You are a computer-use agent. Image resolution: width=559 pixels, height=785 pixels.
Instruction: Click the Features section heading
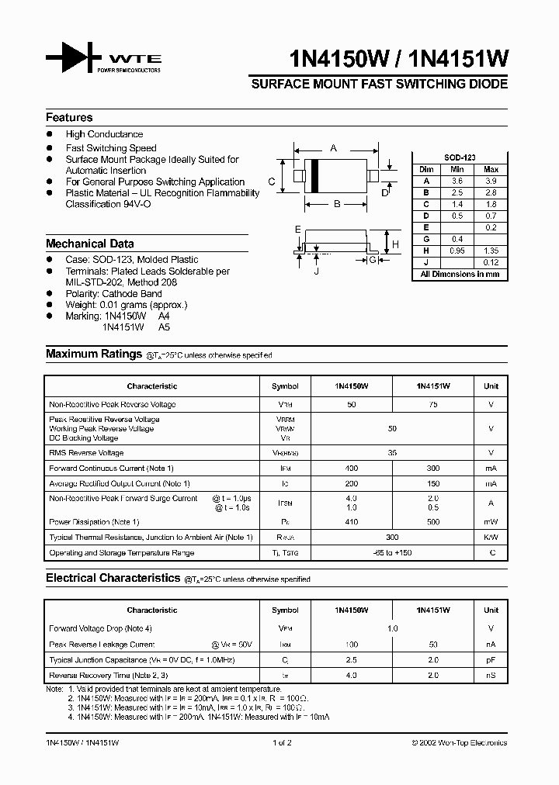coord(69,118)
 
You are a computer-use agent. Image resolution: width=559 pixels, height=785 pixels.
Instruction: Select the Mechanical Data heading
coord(89,243)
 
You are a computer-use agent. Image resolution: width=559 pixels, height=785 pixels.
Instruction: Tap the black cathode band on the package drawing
coord(314,176)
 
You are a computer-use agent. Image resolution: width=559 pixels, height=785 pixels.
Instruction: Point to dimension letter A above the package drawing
coord(333,147)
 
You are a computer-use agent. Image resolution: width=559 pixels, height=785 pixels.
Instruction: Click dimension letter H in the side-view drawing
coord(394,245)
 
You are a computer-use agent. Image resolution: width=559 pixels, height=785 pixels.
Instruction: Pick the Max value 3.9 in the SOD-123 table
coord(491,180)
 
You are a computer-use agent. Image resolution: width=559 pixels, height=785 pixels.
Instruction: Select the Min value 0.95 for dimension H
coord(457,251)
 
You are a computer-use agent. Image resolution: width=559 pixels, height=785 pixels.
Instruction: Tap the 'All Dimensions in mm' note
coord(460,275)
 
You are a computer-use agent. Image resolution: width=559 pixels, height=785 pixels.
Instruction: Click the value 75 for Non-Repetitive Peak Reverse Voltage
coord(433,404)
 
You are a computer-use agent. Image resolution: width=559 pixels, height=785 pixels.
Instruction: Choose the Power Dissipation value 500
coord(433,522)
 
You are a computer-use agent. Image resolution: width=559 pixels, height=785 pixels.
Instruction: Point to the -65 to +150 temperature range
coord(392,553)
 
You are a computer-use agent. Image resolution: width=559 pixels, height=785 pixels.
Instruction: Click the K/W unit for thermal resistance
coord(491,537)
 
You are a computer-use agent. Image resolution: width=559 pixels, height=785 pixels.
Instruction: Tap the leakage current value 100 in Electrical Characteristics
coord(352,645)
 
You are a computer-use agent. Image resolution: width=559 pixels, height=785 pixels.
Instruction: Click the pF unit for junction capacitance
coord(491,659)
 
